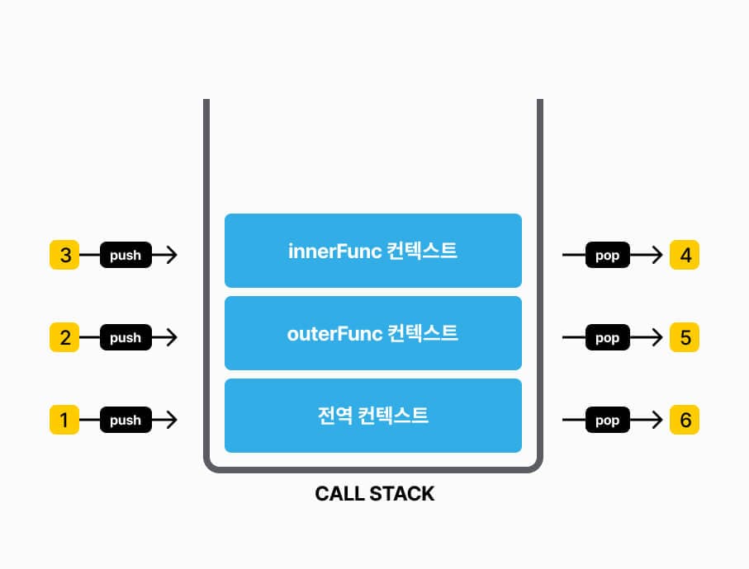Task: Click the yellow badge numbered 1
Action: (x=64, y=420)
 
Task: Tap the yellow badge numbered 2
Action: (x=64, y=337)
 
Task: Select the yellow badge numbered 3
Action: (x=64, y=255)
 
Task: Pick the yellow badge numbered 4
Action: (x=685, y=255)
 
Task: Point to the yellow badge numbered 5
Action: (x=685, y=337)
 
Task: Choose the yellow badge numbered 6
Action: (x=685, y=420)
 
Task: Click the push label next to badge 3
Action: (x=126, y=255)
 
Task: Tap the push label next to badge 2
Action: (x=126, y=337)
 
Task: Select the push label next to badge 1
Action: (x=126, y=420)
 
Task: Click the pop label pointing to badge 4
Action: (x=607, y=255)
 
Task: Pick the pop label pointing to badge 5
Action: (x=607, y=337)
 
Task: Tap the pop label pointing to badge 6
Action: (x=607, y=420)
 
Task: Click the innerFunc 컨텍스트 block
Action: (x=373, y=251)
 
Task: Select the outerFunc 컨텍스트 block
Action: (x=373, y=333)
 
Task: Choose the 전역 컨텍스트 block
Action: (x=373, y=416)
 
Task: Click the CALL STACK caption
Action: (x=374, y=494)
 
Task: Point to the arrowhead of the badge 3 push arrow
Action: (x=171, y=255)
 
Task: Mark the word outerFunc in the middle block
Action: (x=334, y=334)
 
